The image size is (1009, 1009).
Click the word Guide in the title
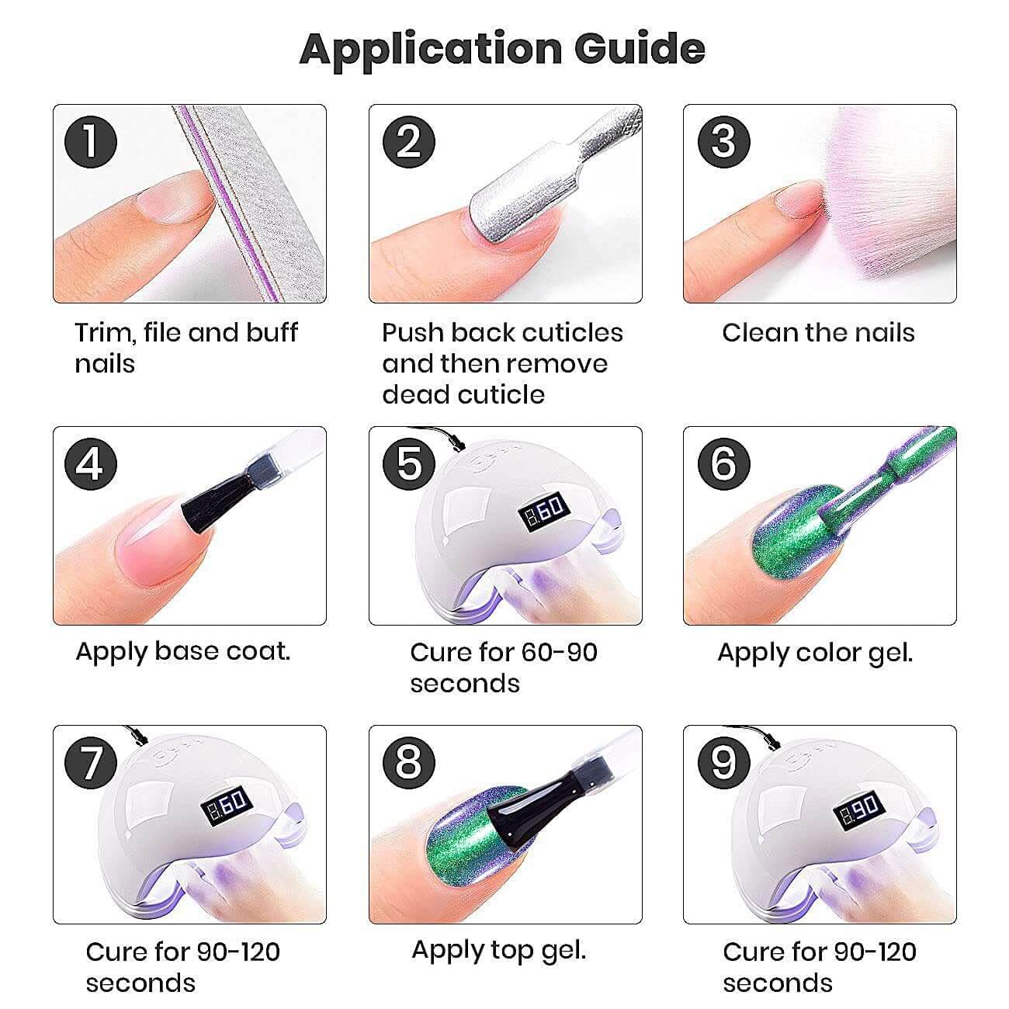pos(640,49)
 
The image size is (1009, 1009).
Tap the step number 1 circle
pos(91,141)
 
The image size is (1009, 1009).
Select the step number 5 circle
pos(409,463)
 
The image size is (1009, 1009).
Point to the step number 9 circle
pos(723,762)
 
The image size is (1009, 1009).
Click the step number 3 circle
pos(723,141)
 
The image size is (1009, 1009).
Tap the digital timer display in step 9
pos(858,811)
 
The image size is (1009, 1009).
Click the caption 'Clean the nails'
pos(818,332)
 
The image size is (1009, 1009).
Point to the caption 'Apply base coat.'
pos(182,653)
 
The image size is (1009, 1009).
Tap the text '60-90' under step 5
pos(559,653)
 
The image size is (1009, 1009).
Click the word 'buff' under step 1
pos(272,332)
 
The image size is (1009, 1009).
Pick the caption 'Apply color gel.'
pos(815,654)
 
